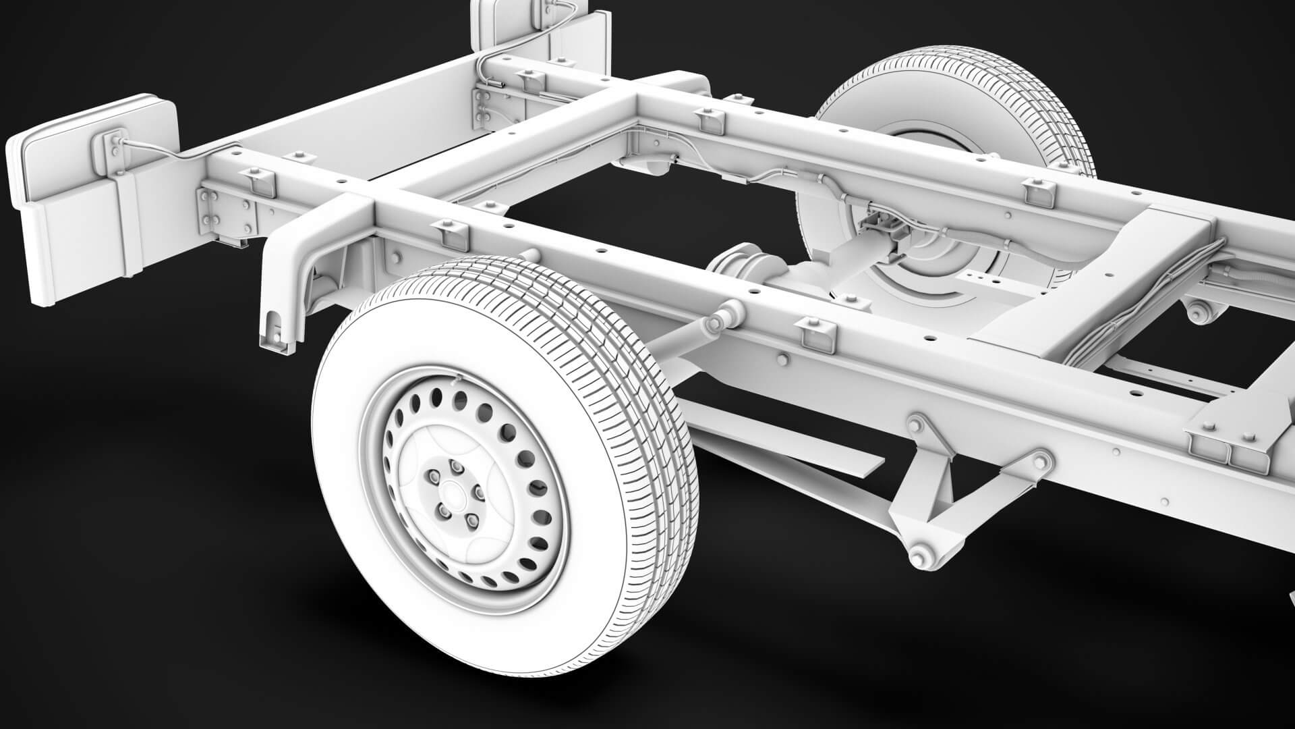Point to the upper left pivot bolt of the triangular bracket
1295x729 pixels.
click(x=916, y=425)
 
